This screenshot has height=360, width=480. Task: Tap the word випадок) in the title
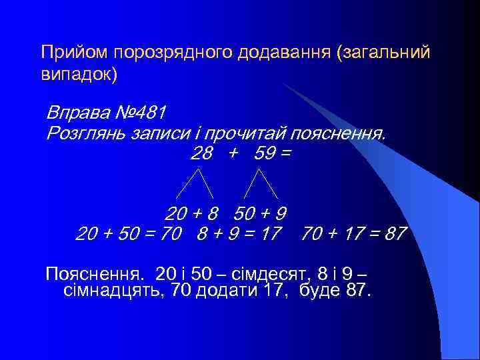(79, 73)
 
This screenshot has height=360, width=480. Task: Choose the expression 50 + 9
(261, 214)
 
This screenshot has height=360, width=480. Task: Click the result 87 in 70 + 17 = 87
(395, 235)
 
